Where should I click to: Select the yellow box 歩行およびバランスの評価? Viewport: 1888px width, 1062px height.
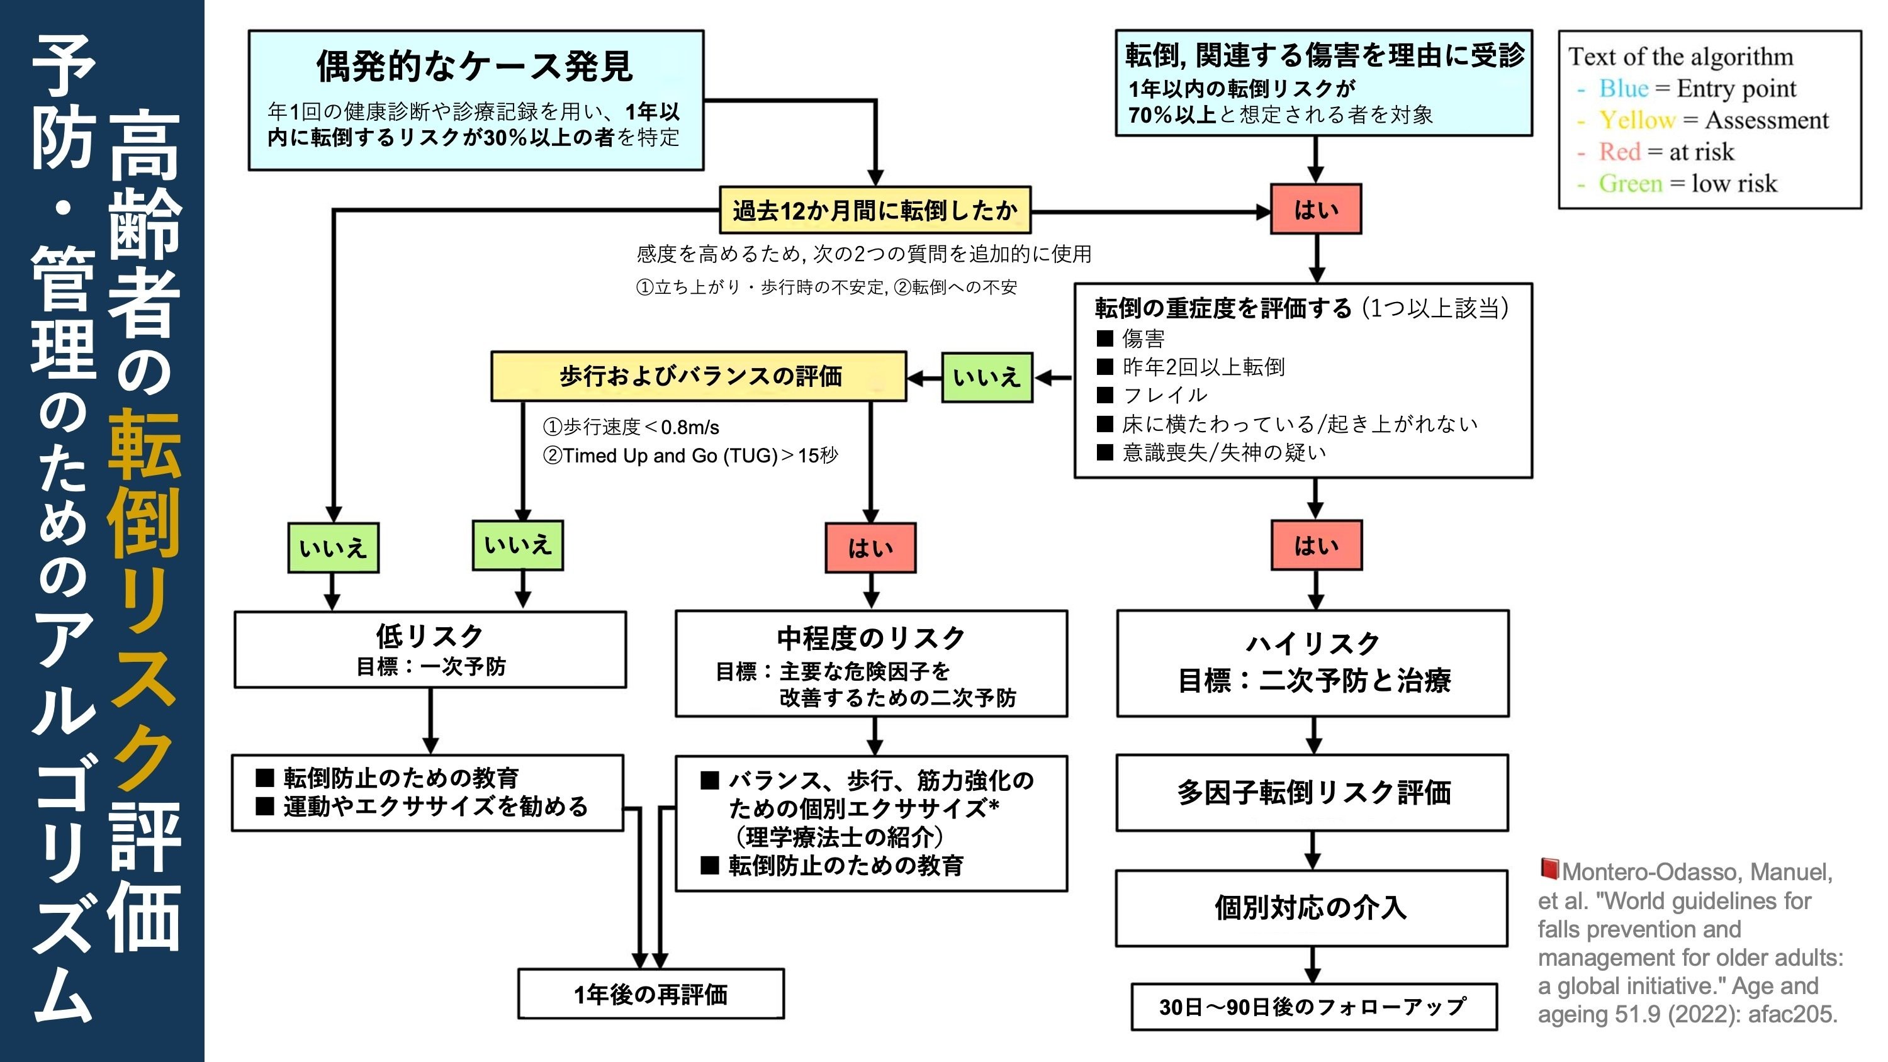pos(699,376)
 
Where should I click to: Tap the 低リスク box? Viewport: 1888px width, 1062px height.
pos(430,649)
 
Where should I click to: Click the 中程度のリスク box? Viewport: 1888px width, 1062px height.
pos(871,663)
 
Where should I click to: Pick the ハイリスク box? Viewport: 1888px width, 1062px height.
pos(1312,663)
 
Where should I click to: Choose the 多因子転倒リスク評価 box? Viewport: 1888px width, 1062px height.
pos(1312,792)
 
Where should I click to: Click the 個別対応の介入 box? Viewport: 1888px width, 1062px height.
pos(1310,908)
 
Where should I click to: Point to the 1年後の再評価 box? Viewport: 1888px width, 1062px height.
pos(651,995)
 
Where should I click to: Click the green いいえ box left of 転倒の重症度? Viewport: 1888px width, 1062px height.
pos(987,377)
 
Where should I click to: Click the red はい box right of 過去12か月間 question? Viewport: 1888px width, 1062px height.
pos(1315,210)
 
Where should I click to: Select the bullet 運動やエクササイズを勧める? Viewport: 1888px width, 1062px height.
pos(435,806)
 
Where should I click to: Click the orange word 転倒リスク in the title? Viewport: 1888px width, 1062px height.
pos(143,601)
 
